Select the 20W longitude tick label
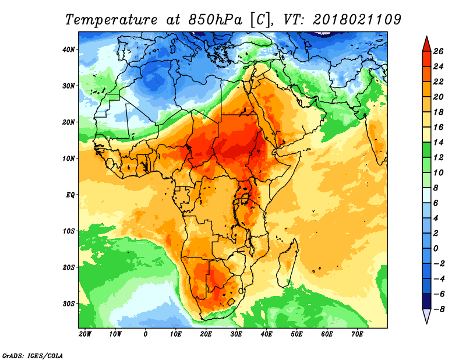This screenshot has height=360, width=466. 84,334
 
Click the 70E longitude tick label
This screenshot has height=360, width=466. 357,334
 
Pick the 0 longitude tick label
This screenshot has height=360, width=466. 146,334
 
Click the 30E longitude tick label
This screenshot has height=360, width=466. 236,334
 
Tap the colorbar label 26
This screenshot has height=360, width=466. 439,51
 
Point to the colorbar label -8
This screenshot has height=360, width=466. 439,308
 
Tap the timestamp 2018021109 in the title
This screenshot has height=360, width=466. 357,20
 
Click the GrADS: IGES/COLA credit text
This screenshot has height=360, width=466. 33,354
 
